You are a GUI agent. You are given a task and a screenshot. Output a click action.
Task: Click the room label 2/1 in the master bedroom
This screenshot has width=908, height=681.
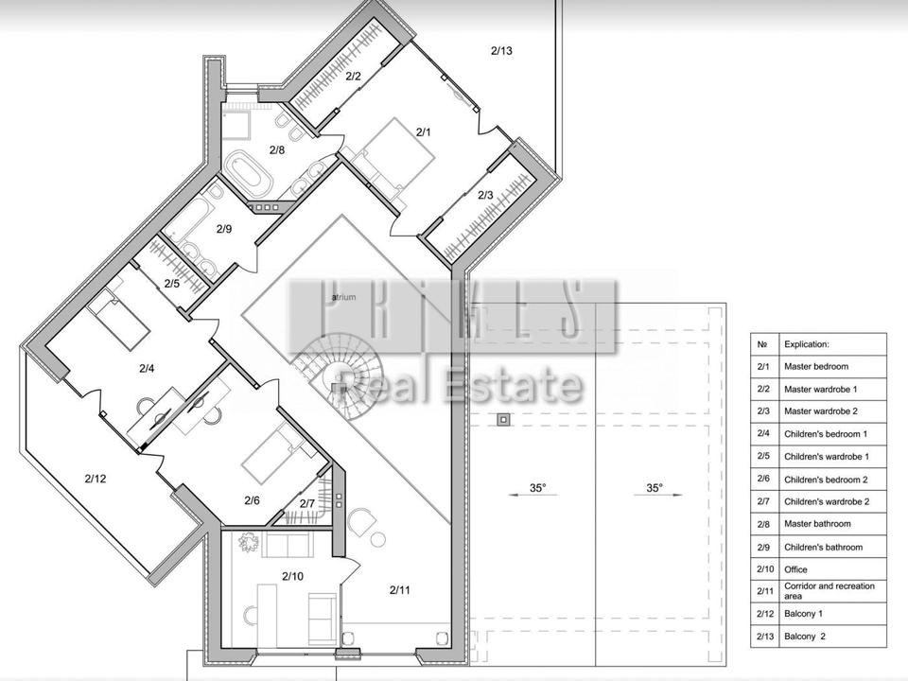click(424, 132)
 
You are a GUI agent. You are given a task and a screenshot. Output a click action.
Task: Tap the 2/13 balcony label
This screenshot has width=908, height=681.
click(501, 50)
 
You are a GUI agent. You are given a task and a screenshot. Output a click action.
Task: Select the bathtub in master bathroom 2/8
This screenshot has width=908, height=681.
click(248, 172)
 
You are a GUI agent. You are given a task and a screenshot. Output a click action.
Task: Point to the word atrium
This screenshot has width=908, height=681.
click(344, 297)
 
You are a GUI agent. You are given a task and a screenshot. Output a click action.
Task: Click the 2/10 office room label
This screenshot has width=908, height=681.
click(292, 576)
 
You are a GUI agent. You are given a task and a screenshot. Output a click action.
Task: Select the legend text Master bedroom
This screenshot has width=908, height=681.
click(816, 367)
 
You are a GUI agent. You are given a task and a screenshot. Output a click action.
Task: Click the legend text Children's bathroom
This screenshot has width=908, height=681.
click(823, 548)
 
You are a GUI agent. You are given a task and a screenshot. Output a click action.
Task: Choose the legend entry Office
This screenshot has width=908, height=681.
click(795, 569)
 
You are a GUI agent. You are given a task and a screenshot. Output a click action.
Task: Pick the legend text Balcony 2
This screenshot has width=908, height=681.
click(805, 637)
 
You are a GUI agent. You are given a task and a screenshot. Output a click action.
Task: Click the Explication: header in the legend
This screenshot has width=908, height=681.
click(807, 344)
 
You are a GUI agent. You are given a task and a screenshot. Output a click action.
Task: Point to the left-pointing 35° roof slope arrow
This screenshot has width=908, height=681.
click(533, 495)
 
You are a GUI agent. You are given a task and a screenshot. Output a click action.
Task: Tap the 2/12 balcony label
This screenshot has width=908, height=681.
click(96, 479)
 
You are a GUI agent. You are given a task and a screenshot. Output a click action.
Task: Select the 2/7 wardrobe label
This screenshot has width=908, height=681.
click(306, 504)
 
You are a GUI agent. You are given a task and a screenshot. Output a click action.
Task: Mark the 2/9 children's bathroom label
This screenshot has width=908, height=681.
click(224, 229)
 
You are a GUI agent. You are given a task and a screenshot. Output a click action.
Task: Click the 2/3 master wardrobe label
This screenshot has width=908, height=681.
click(485, 195)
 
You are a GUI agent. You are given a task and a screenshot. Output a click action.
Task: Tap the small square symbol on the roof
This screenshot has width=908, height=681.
click(503, 420)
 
